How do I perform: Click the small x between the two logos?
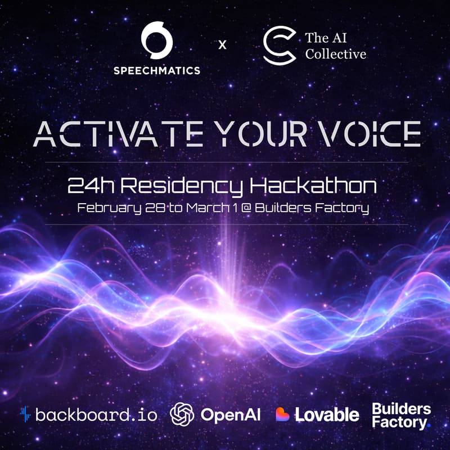(222, 44)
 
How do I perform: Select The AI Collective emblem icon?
(280, 46)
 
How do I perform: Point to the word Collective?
(335, 55)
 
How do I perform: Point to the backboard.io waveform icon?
(24, 415)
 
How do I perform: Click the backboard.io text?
(96, 415)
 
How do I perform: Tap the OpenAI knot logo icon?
(182, 415)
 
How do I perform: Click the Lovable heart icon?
(283, 415)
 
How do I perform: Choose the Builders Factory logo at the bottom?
(401, 415)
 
